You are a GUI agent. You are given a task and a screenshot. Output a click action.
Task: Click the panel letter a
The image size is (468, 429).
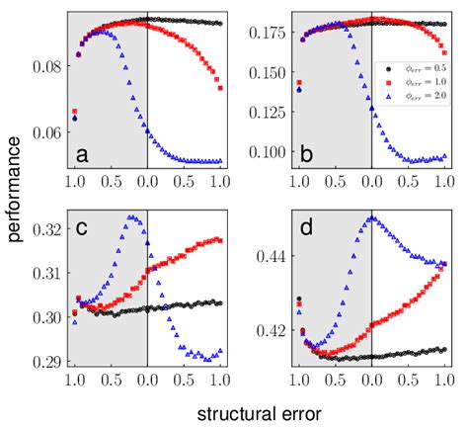(x=82, y=154)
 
